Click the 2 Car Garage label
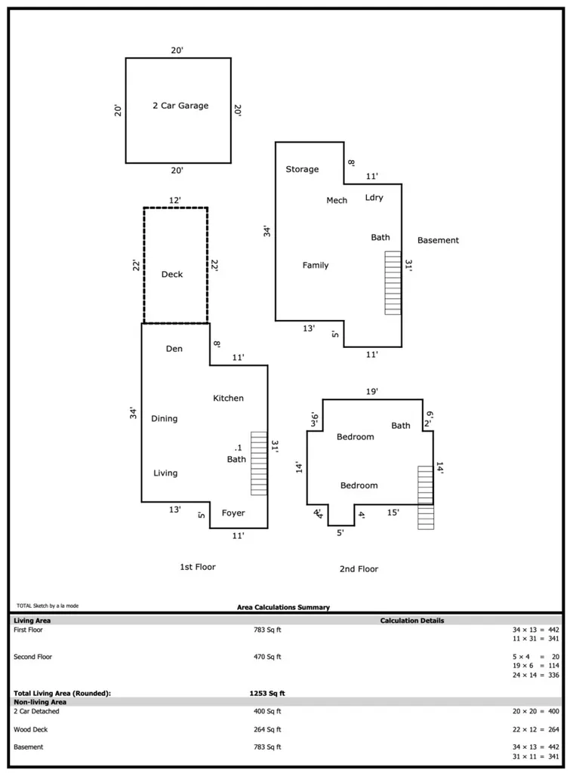pos(180,106)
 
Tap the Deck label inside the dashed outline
pos(172,274)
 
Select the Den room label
pos(174,349)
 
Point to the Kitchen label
pos(228,398)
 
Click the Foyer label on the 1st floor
pos(233,513)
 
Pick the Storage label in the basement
pos(302,169)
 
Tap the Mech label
pos(337,200)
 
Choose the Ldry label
pos(374,197)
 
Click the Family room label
pos(316,265)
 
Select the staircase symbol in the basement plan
pos(393,283)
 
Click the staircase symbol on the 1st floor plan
pos(259,463)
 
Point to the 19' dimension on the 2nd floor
pos(371,392)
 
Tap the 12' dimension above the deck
pos(174,200)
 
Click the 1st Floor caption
pos(198,567)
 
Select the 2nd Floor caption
pos(359,569)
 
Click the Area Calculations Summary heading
pos(284,608)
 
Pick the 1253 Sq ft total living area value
pos(267,693)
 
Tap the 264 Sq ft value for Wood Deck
pos(267,729)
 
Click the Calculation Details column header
pos(412,621)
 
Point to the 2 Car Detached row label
pos(36,711)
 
